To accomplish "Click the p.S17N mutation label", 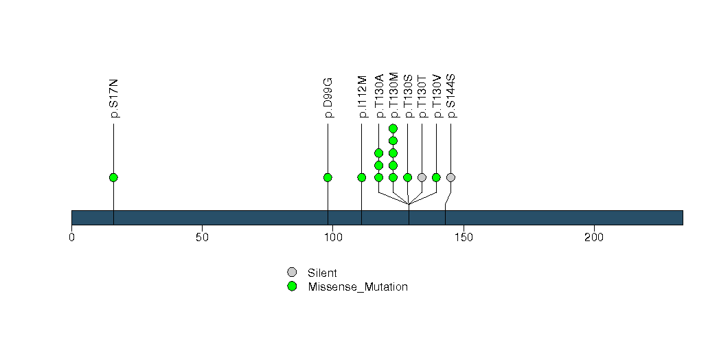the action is (114, 99).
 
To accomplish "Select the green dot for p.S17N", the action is (114, 177).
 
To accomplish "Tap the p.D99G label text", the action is (328, 98).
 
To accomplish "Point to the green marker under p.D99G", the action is (328, 177).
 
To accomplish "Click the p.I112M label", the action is (362, 97).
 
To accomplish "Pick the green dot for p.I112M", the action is (362, 177).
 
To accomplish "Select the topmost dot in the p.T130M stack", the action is (393, 128).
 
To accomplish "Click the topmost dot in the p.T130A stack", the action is (379, 153).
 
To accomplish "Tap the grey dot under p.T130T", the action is (422, 177).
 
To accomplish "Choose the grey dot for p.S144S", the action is (450, 177).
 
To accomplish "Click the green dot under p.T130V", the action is (436, 177).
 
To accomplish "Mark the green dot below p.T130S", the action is (408, 177).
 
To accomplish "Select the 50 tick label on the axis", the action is (202, 238).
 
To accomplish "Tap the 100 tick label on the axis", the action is (333, 238).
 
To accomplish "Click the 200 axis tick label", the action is (594, 238).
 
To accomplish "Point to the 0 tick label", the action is (71, 238).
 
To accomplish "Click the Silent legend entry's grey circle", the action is (292, 272).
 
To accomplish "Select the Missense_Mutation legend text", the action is (358, 287).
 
